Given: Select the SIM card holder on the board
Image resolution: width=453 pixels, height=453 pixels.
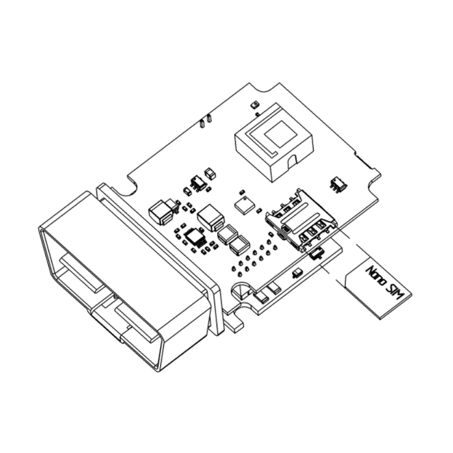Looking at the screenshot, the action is coord(301,219).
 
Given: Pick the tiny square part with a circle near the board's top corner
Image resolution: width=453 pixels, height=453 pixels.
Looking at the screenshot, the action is coord(254,104).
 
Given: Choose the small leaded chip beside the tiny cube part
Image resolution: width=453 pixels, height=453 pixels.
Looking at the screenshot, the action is coord(198,182).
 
